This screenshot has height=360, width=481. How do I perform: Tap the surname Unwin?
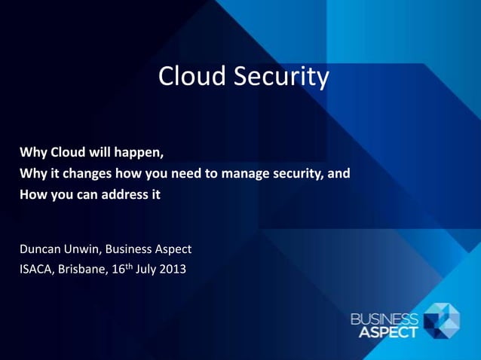click(x=92, y=249)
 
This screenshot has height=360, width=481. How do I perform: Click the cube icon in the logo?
click(x=442, y=320)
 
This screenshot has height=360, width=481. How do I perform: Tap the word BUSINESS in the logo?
click(x=384, y=316)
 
